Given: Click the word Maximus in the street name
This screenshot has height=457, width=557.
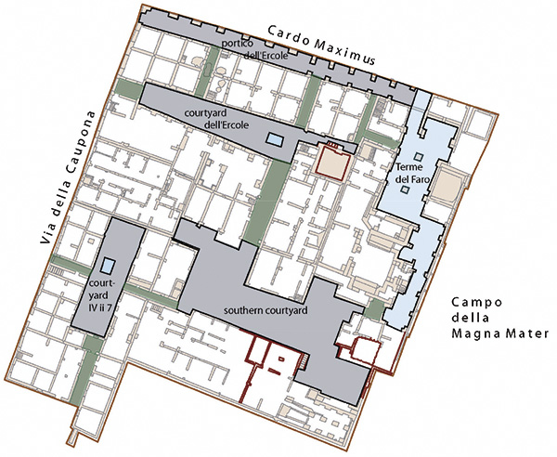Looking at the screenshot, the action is [x=344, y=51].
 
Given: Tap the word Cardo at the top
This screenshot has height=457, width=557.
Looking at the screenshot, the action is [x=287, y=35].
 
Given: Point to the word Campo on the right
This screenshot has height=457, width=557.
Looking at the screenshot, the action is [x=477, y=303].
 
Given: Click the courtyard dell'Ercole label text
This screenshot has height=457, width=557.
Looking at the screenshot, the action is [x=216, y=119].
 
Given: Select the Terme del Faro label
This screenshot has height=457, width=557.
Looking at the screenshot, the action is [x=412, y=173].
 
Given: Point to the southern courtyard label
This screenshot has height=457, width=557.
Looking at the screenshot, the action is [x=266, y=310].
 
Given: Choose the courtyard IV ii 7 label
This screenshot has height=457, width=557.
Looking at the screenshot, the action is [x=101, y=295].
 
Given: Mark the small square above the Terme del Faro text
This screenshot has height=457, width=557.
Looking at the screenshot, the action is [x=419, y=156].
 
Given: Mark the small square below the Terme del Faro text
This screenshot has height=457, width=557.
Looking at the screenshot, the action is [x=404, y=189].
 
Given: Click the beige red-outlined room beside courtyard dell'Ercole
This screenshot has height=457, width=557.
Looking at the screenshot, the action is [x=332, y=163].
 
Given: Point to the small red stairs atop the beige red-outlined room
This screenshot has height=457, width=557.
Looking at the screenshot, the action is [x=333, y=144].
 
